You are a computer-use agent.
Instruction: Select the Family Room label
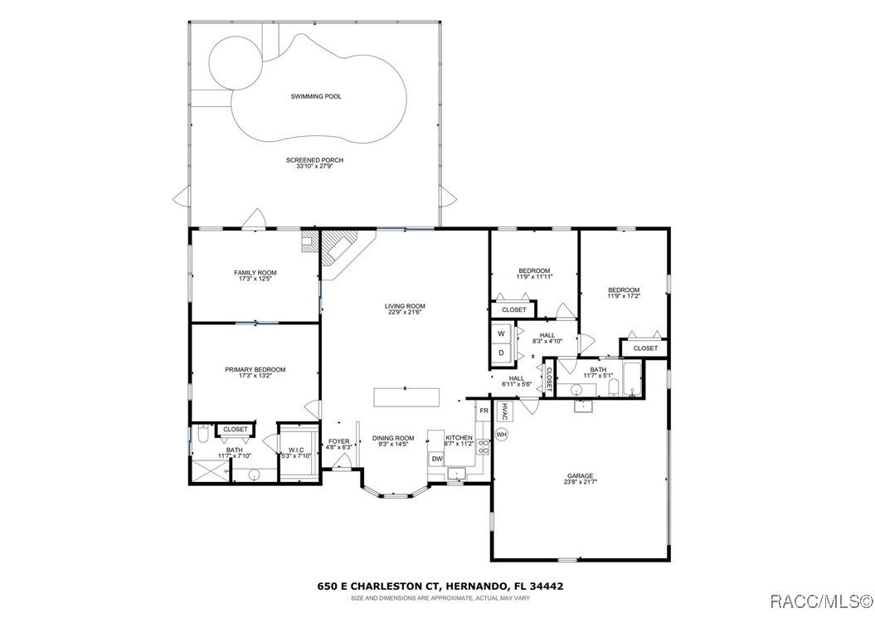coord(255,273)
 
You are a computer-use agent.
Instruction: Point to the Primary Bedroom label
coord(255,370)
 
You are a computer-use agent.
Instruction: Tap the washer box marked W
coord(501,333)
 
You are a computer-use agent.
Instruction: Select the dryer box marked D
coord(501,353)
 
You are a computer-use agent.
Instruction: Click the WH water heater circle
coord(501,434)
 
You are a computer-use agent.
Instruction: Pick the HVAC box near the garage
coord(505,411)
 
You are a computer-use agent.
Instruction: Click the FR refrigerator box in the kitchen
coord(484,411)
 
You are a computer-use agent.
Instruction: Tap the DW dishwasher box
coord(436,459)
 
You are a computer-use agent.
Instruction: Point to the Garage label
coord(580,476)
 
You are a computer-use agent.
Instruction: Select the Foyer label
coord(338,441)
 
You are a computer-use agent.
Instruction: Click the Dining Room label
coord(392,438)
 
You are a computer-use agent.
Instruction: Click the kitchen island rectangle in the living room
coord(406,397)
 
